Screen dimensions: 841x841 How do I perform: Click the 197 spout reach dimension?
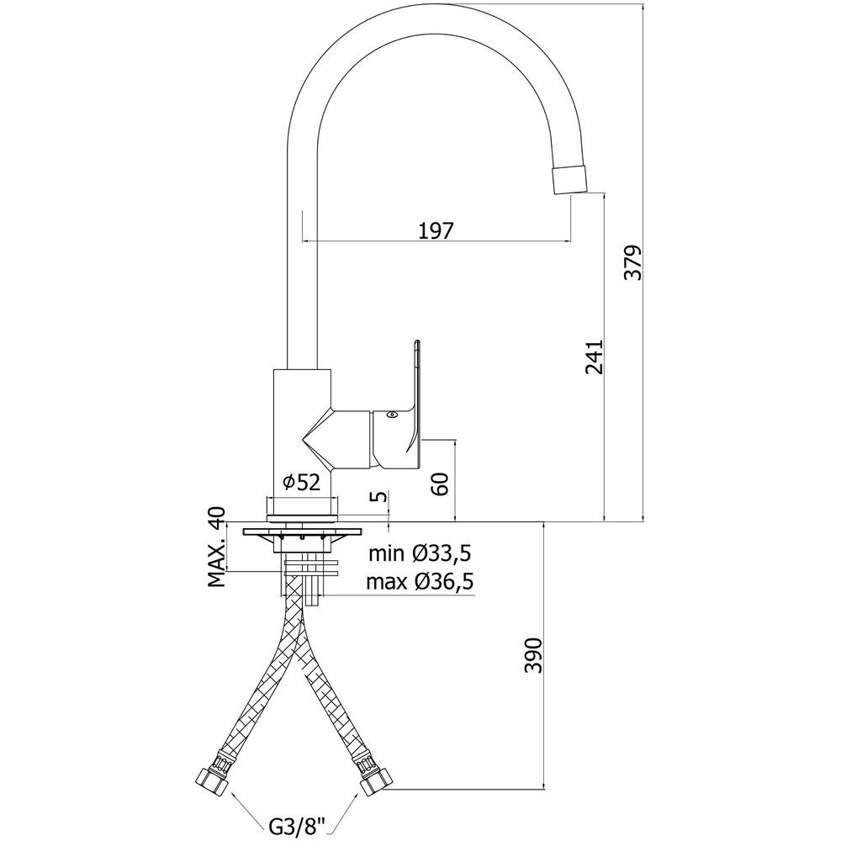coord(436,230)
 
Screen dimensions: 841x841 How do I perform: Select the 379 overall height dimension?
coord(635,262)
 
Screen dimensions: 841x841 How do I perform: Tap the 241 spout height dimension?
coord(595,357)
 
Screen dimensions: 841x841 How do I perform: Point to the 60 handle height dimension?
coord(440,484)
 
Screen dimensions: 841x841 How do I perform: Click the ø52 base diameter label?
coord(301,483)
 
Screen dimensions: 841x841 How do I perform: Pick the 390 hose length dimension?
coord(534,654)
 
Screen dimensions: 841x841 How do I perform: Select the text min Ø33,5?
coord(420,553)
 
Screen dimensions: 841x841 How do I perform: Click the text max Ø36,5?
coord(420,581)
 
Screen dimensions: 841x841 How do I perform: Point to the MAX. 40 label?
coord(217,547)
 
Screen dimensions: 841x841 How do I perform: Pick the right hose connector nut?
coord(375,780)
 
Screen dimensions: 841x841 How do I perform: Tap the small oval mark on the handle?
coord(392,414)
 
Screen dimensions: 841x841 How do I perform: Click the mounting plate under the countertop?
coord(302,532)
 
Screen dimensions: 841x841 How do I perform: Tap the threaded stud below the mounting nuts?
coord(312,591)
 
